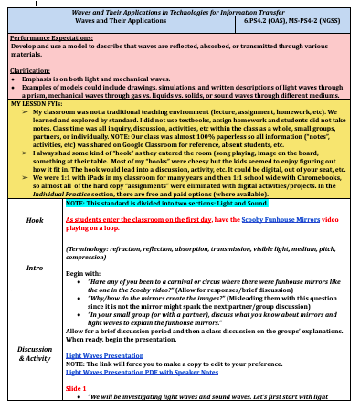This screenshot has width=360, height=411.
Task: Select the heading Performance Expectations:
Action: [x=51, y=39]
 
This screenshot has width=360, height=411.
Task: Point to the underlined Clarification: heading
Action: [x=30, y=70]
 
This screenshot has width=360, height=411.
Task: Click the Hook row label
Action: [x=35, y=221]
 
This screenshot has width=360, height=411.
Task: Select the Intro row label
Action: [x=35, y=268]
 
